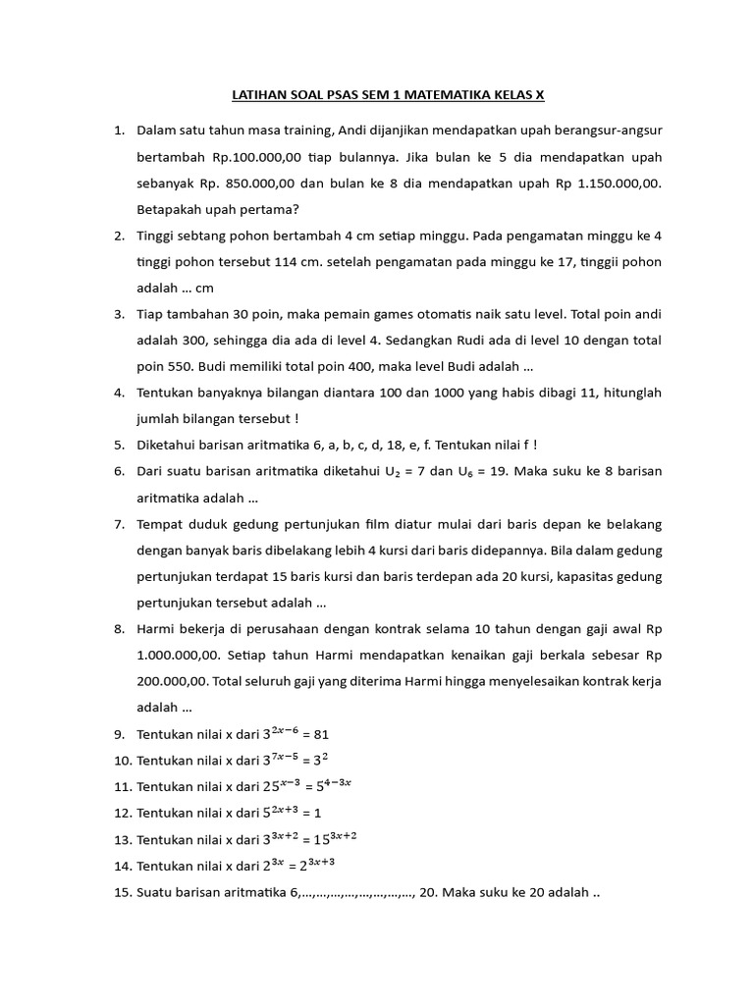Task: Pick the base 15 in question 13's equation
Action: (x=319, y=839)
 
